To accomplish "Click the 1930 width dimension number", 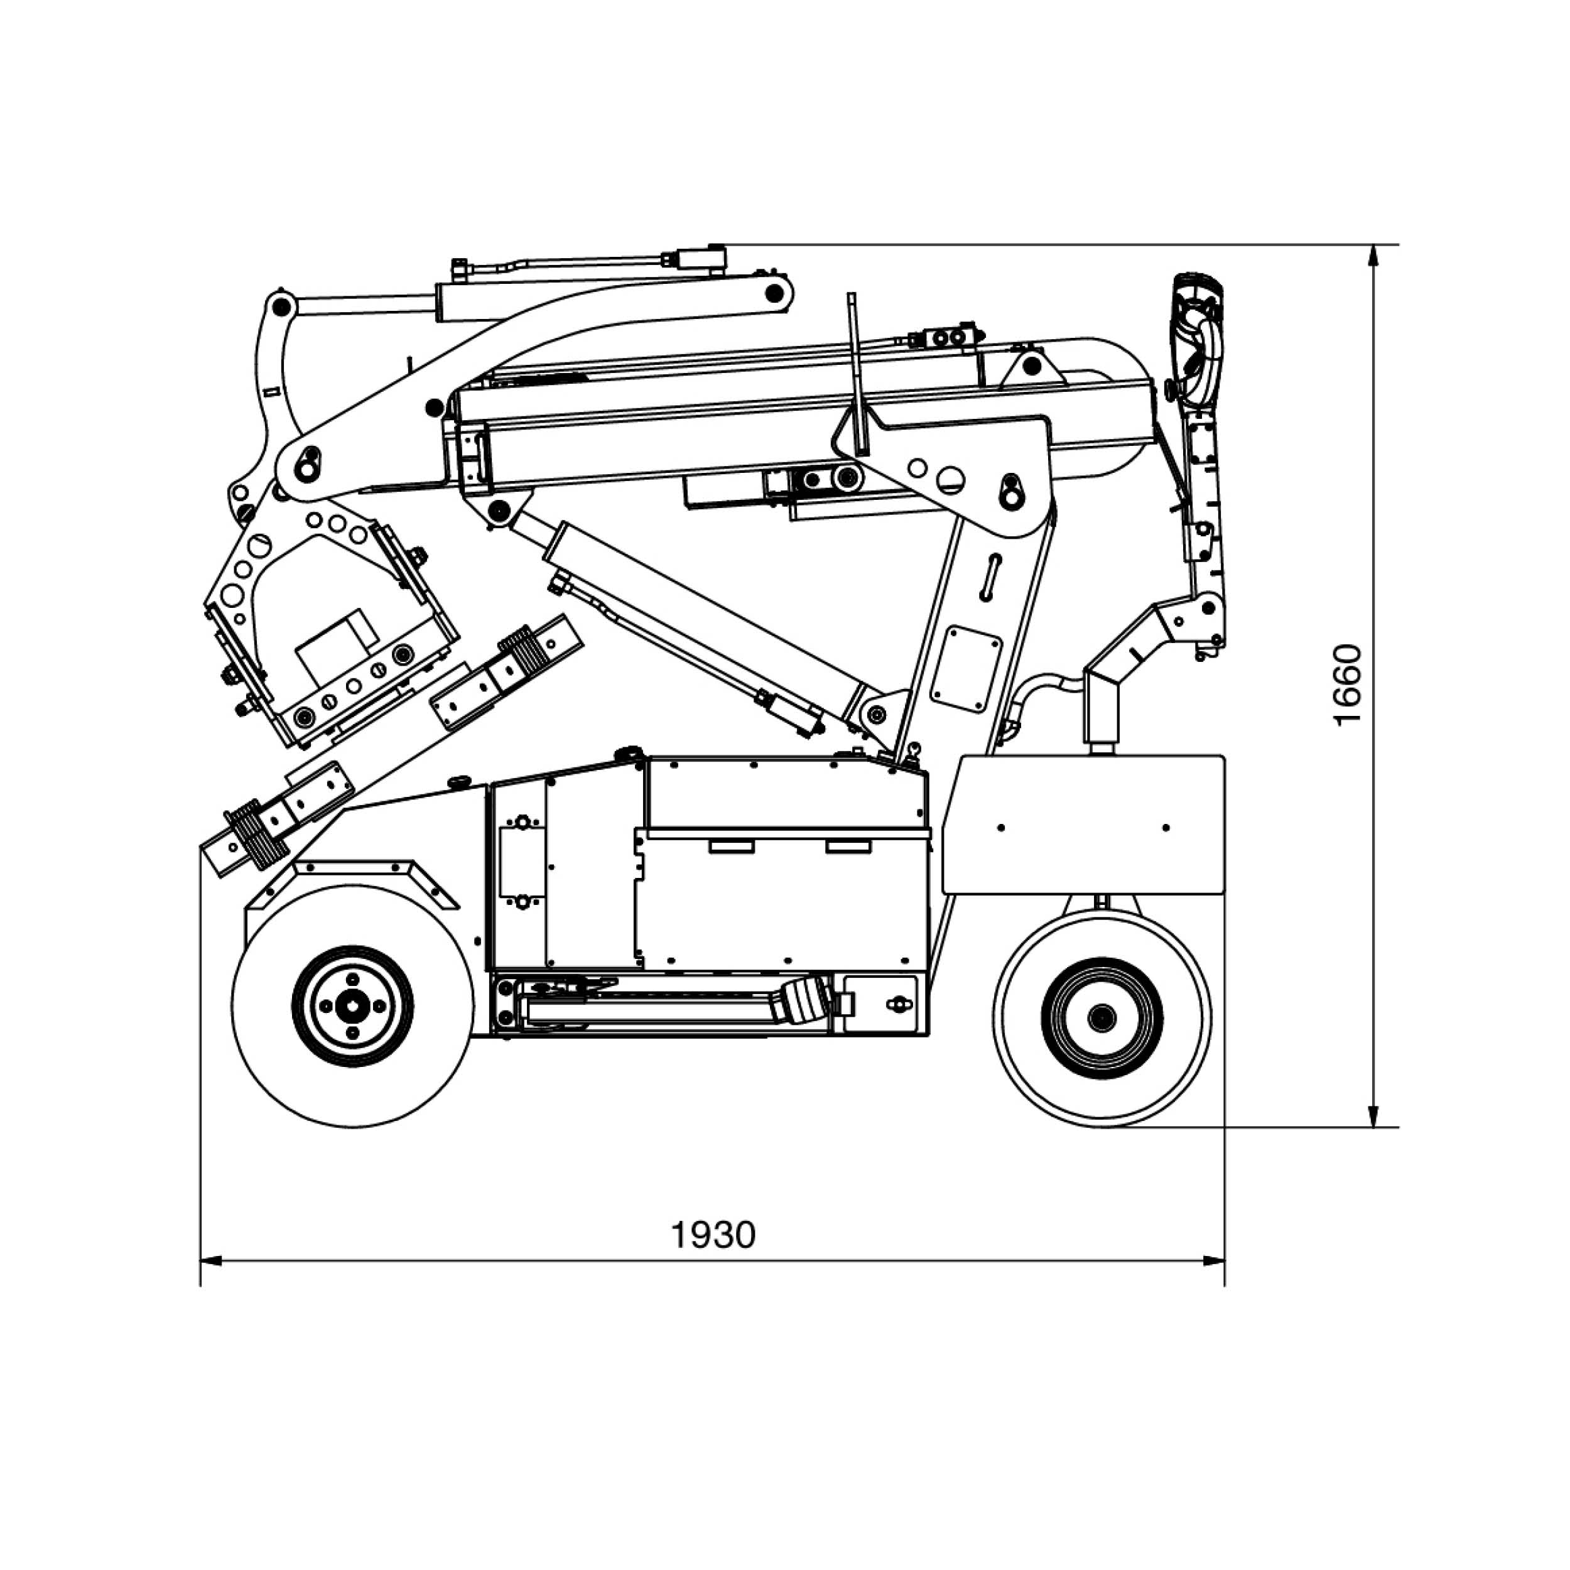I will pos(713,1235).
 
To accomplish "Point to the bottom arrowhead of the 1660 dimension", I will pos(1374,1117).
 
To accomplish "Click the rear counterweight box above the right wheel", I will pos(1083,824).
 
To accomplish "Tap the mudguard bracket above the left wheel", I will pos(354,879).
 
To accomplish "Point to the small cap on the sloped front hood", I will pos(460,782).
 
